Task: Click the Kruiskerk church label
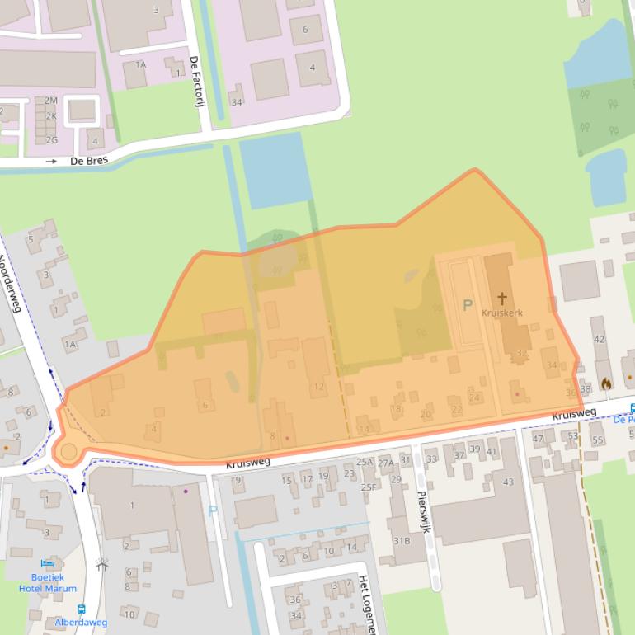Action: pos(501,313)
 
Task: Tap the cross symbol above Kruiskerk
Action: pos(501,299)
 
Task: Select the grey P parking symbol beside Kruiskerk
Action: pos(468,306)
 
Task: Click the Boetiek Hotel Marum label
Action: pos(48,583)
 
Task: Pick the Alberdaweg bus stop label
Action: pos(81,623)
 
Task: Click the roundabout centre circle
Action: pos(68,451)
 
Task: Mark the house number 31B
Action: pos(402,541)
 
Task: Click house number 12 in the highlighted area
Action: pos(318,387)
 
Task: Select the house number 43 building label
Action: pos(508,482)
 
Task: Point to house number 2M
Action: pos(51,101)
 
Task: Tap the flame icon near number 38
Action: pos(608,383)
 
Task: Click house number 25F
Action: pos(368,487)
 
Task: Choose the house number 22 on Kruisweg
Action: pos(457,410)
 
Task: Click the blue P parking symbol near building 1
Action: pos(213,510)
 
